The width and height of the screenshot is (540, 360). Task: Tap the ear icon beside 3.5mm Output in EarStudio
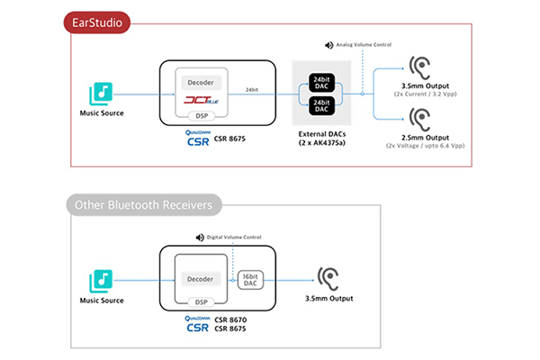(418, 69)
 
